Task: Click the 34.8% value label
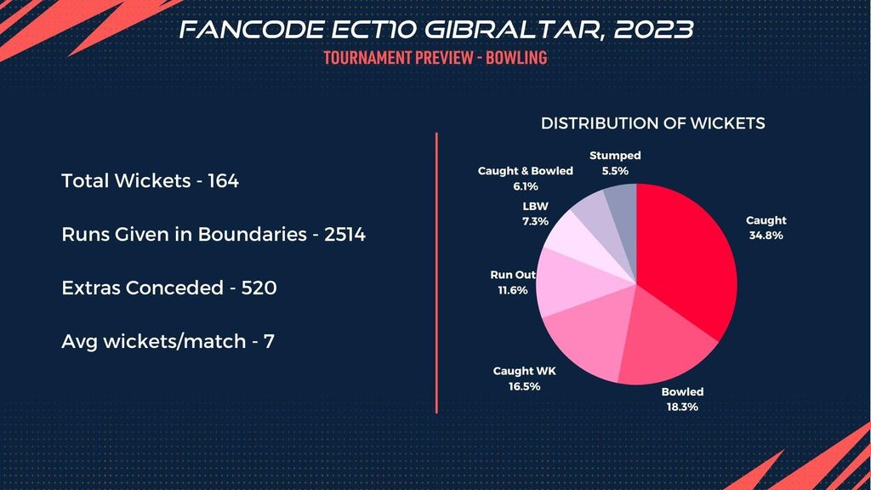click(766, 236)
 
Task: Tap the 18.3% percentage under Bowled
click(683, 407)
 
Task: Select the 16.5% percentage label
click(524, 385)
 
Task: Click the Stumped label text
click(615, 156)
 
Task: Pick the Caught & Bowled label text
click(526, 171)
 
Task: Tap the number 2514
click(344, 234)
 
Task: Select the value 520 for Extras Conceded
click(260, 288)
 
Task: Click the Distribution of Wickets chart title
click(653, 123)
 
